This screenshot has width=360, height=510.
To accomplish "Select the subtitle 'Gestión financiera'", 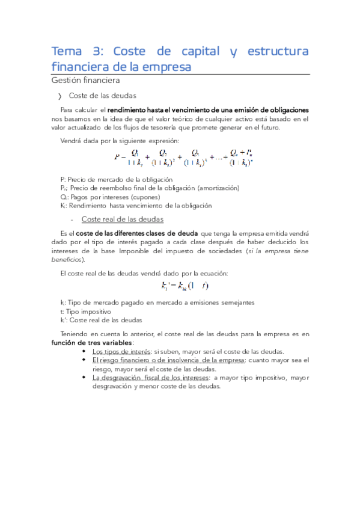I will point(85,80).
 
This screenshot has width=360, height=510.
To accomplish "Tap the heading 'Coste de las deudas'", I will point(103,96).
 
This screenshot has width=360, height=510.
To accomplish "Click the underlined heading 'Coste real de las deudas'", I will point(122,220).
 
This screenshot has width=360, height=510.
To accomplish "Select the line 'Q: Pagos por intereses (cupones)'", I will point(110,197).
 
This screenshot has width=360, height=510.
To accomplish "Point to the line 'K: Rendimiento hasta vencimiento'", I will point(136,205).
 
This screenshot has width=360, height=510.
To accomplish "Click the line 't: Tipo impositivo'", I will point(83,312).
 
